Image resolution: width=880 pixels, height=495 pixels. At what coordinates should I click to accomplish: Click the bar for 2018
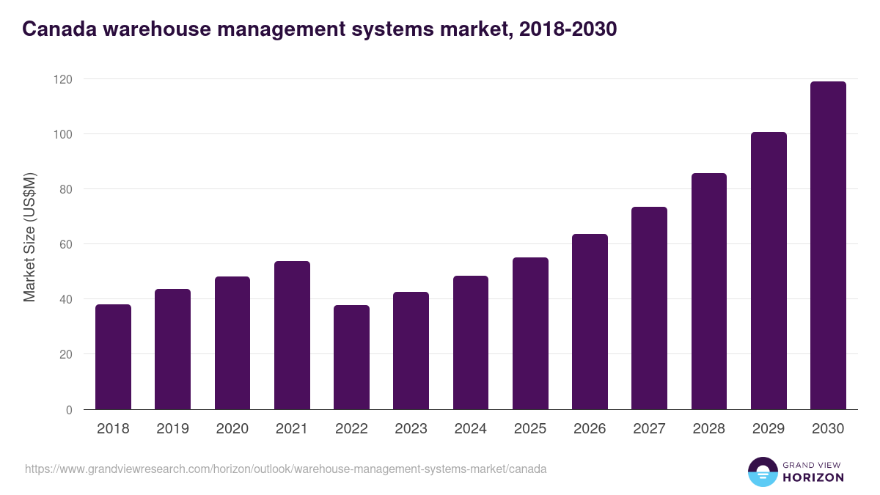113,357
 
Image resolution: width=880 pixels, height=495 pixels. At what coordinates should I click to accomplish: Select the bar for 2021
292,335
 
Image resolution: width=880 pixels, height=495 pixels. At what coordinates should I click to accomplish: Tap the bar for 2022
351,357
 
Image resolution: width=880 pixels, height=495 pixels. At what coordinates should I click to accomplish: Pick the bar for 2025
530,334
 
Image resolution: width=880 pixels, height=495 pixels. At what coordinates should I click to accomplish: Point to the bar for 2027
649,308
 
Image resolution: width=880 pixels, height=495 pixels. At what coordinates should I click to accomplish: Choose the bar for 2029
769,271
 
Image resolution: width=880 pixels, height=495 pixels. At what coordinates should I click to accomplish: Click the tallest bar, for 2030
828,246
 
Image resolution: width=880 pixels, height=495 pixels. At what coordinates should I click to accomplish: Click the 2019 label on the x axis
172,429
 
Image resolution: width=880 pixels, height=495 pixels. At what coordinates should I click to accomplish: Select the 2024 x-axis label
470,429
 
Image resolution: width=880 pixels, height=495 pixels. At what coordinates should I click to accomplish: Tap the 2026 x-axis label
590,429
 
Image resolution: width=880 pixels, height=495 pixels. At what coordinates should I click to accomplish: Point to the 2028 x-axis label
708,429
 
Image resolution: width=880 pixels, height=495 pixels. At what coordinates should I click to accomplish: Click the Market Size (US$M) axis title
29,237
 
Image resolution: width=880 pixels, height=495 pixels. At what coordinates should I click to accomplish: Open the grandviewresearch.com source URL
285,469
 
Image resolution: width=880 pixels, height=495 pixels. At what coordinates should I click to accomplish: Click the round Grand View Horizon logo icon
762,472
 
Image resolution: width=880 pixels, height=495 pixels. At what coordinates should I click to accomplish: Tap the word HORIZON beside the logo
813,477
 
